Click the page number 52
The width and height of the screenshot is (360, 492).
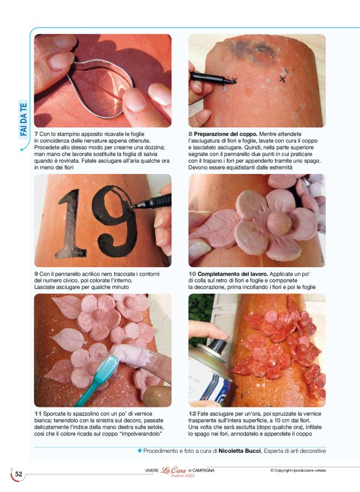19,475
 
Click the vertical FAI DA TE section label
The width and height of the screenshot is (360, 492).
23,121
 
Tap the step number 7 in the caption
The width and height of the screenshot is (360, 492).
37,134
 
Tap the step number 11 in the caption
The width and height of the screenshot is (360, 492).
38,412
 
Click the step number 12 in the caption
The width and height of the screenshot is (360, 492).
192,412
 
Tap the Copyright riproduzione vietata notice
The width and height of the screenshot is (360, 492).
302,470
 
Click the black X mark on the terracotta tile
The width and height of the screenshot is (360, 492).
283,79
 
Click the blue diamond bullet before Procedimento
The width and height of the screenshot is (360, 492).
140,450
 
